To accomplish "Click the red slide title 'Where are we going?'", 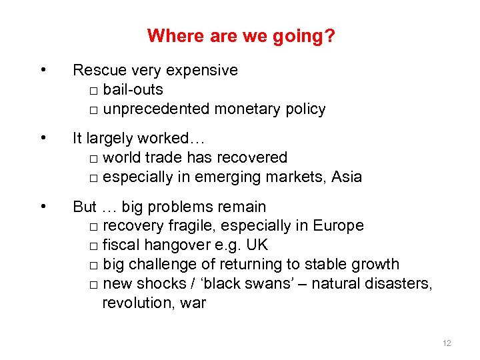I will (241, 35).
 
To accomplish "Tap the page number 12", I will (447, 343).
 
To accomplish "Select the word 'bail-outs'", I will (133, 90).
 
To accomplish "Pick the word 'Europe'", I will (340, 226).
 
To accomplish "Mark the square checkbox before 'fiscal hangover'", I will (93, 247).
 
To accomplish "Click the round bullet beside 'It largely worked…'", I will (43, 139).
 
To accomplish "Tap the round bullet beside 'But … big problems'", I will (43, 207).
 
